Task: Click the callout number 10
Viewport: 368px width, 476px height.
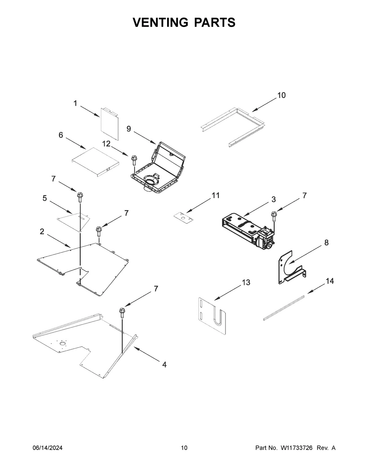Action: coord(281,95)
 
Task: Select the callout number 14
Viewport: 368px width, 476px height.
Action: coord(330,281)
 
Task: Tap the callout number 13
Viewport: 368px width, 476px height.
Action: coord(246,282)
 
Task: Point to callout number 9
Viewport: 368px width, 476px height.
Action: coord(129,129)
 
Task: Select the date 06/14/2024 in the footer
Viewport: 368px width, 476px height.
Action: coord(48,448)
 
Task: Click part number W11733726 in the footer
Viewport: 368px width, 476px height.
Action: coord(296,448)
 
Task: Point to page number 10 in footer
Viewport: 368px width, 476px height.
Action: coord(184,448)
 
